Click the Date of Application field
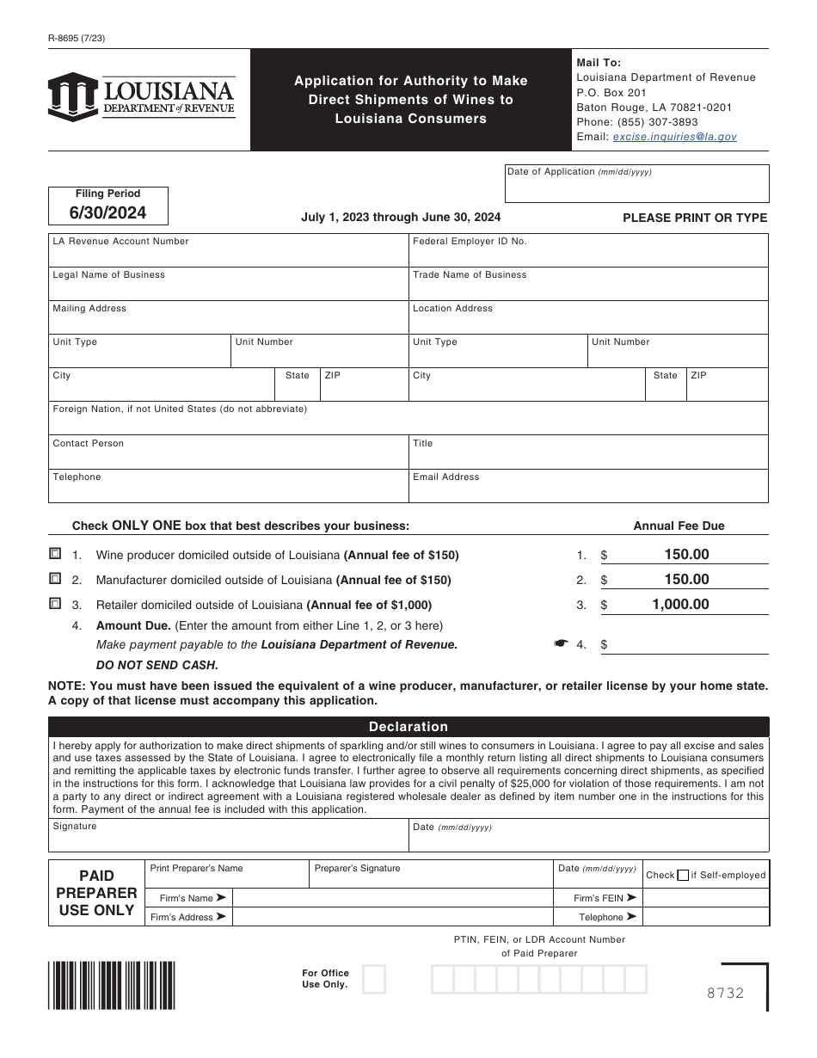pos(637,188)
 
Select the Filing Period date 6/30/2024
pos(107,212)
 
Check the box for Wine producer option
pos(56,554)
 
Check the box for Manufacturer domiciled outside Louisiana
pos(56,578)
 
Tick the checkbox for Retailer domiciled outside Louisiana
pos(56,603)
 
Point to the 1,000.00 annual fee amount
pos(680,605)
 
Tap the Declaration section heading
pos(408,727)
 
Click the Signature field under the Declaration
pos(228,839)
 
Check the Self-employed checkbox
pos(683,876)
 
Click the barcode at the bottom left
pos(112,985)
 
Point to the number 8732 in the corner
pos(725,993)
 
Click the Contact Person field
pos(228,457)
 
